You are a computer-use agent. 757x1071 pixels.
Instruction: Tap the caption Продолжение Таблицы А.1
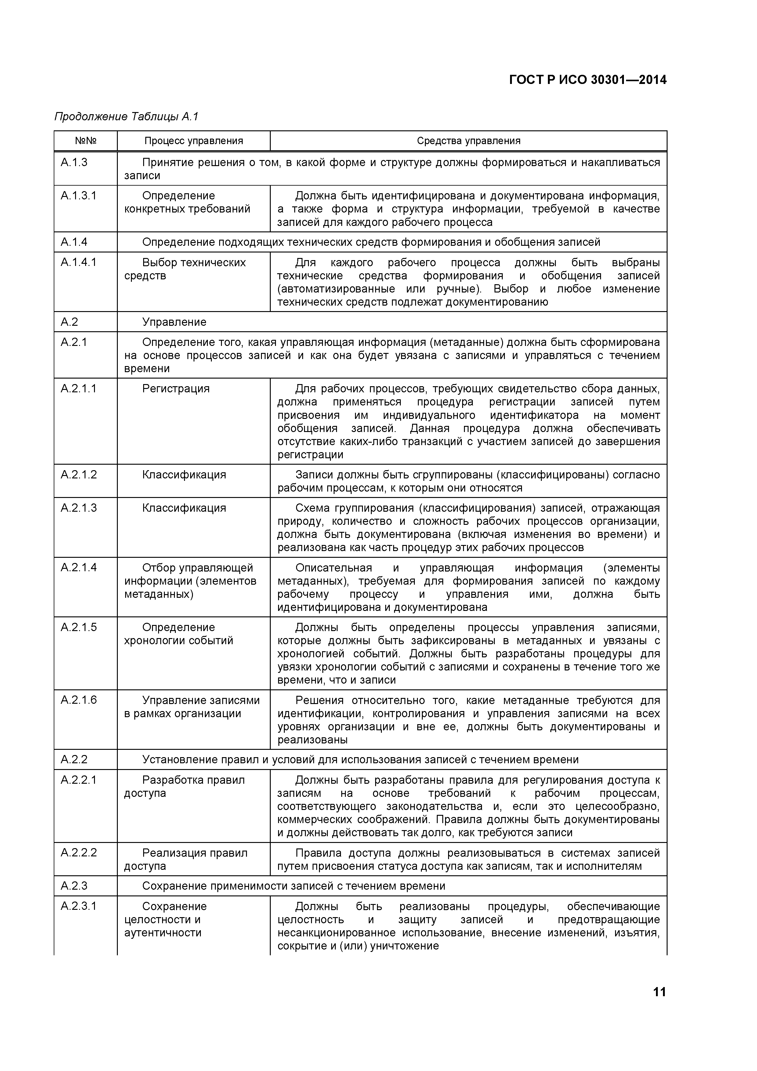pos(126,117)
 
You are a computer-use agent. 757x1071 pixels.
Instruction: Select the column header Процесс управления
pos(194,141)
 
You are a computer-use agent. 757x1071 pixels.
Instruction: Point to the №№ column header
pos(85,141)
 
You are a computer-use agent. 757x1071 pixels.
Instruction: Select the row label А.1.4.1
pos(78,262)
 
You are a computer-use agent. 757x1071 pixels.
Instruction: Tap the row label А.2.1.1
pos(78,389)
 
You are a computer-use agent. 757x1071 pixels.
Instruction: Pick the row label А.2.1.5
pos(79,627)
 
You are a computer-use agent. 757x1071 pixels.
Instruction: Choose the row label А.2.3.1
pos(78,906)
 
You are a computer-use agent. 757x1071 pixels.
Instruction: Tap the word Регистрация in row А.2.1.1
pos(176,389)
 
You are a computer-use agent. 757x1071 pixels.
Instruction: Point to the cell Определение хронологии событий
pos(179,634)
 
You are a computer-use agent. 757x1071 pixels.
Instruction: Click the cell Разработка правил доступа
pos(184,786)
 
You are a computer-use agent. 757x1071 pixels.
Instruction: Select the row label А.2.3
pos(74,886)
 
